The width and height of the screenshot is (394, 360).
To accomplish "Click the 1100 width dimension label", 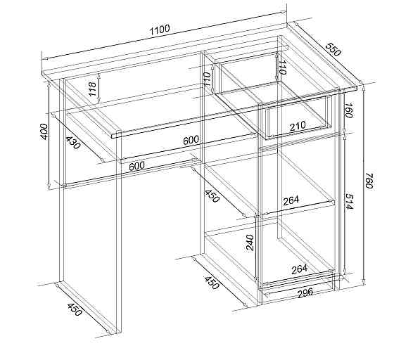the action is click(160, 30).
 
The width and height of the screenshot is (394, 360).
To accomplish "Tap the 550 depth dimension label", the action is click(333, 49).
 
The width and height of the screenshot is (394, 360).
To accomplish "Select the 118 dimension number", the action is click(92, 89).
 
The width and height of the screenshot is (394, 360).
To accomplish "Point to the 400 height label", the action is click(44, 131).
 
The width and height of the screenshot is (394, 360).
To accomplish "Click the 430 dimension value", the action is click(73, 143).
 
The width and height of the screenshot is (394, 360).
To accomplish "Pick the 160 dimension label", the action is click(348, 110).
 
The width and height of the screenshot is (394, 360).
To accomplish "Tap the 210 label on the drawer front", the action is click(298, 127).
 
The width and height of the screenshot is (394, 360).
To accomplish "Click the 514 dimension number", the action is click(349, 201).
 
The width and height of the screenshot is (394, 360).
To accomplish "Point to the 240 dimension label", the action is click(250, 243).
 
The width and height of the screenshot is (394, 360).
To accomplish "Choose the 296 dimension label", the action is click(305, 292).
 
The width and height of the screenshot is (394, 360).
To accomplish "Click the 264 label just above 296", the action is click(299, 269).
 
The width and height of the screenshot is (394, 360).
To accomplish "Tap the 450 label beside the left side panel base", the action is click(75, 309).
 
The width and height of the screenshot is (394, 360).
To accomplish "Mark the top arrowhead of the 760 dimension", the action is click(363, 87).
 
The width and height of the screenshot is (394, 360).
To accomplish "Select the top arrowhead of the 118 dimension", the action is click(99, 75).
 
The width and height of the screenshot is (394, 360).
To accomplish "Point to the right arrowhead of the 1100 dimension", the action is click(284, 13).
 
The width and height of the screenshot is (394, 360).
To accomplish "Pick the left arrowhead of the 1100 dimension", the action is click(45, 59).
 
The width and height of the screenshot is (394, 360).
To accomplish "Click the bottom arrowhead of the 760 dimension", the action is click(364, 283).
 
